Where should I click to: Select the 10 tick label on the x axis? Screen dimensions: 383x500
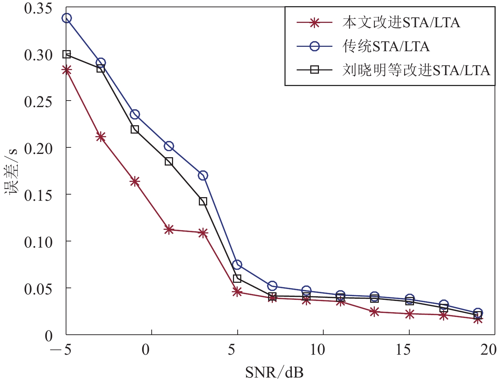coord(317,350)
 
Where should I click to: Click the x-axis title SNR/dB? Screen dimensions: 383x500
coord(274,372)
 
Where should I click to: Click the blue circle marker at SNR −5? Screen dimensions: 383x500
coord(66,18)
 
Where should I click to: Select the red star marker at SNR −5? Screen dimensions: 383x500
coord(66,70)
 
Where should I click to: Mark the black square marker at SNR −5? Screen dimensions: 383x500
coord(66,54)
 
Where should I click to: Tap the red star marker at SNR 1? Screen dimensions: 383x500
coord(169,229)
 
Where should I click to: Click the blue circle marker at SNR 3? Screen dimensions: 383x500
coord(203,176)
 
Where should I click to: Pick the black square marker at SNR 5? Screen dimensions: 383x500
coord(237,278)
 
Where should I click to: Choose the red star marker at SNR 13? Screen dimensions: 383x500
coord(374,311)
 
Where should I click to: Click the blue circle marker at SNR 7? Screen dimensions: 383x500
coord(272,286)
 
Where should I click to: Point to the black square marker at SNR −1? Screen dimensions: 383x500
coord(135,129)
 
